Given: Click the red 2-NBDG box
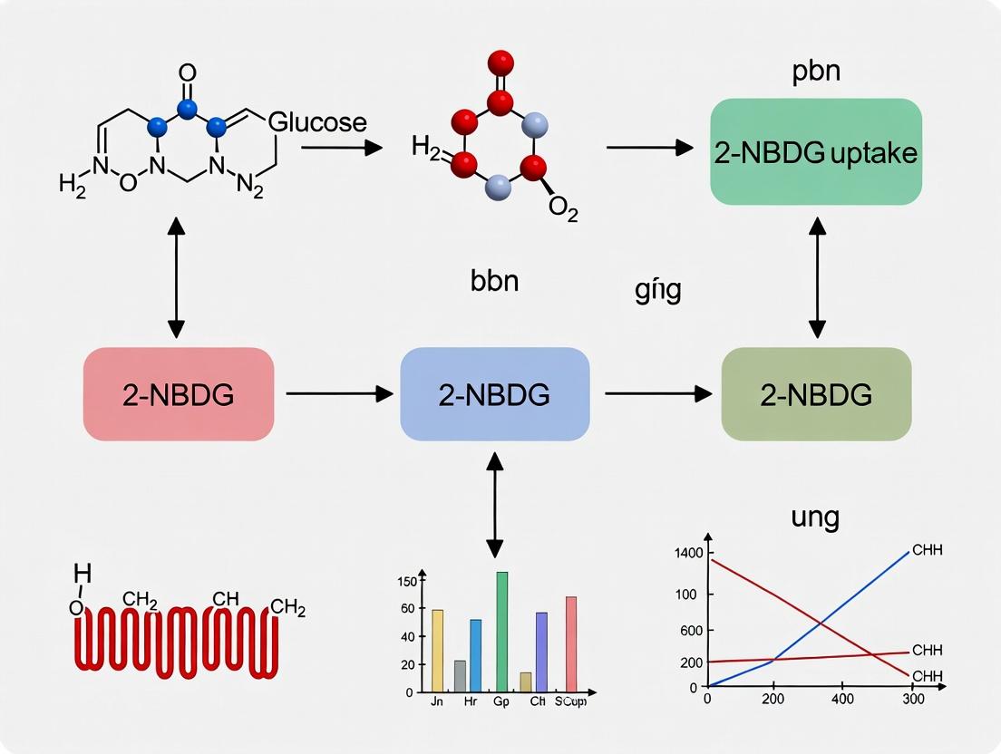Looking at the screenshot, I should pos(179,394).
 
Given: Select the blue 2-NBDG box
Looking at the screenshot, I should pos(494,394).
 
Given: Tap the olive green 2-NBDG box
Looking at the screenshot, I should pos(816,394).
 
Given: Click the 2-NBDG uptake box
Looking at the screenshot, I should pos(816,151).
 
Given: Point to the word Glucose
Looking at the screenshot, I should pos(317,122).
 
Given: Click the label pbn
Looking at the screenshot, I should pos(815,71).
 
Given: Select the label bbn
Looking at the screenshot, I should pos(494,280).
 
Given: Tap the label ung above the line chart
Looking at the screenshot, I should pos(815,518).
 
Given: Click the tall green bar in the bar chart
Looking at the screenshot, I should pos(501,632).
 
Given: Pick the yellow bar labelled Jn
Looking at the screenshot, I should pos(438,651).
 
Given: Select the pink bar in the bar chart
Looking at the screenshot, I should pos(571,644).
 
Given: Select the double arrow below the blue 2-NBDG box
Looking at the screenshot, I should pos(494,505).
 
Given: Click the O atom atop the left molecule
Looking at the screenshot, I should pos(188,72).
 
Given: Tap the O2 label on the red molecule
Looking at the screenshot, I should pos(562,208).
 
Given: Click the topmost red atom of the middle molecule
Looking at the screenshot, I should pos(500,63).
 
